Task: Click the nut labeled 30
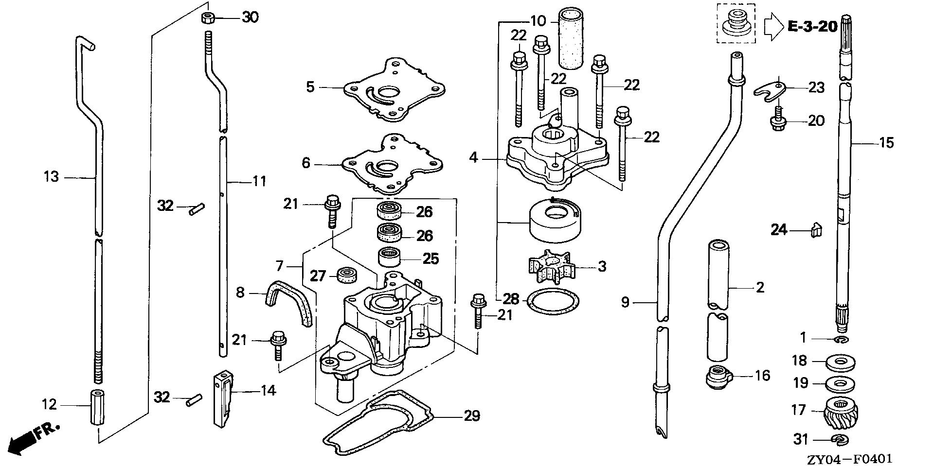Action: (208, 18)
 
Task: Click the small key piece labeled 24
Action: (816, 230)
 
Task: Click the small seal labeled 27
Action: (347, 276)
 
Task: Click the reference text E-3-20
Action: (812, 26)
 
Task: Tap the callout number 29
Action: (471, 415)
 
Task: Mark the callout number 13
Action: (51, 177)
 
